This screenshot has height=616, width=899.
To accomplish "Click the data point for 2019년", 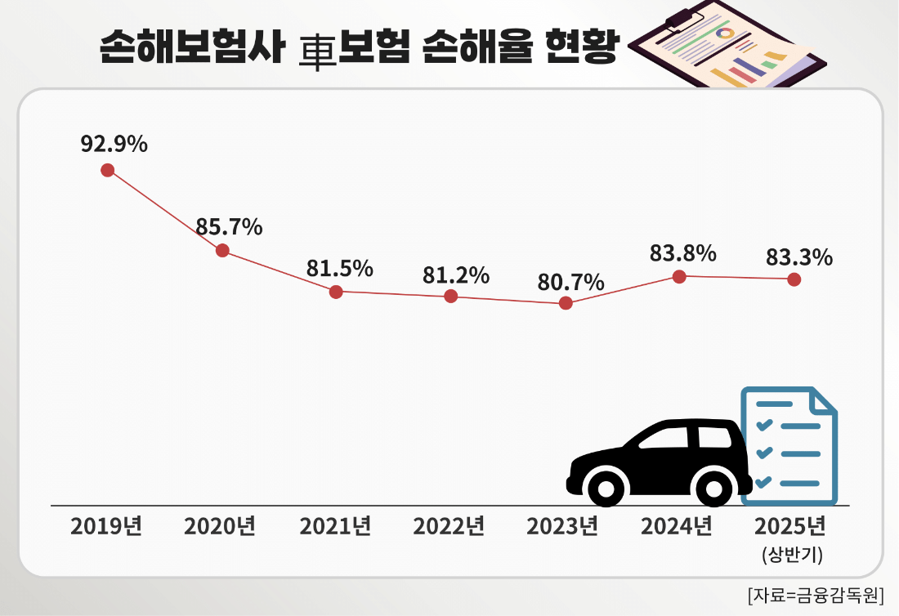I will [x=107, y=170].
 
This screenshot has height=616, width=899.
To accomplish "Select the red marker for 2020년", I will [x=222, y=250].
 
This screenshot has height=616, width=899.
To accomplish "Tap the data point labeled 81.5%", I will [x=336, y=292].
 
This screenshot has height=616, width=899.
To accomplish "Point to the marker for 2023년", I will [x=566, y=303].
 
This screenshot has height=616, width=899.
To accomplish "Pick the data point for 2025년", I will [x=794, y=279].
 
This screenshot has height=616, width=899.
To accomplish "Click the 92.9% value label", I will [x=114, y=145].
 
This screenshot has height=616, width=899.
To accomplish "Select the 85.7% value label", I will [x=229, y=226].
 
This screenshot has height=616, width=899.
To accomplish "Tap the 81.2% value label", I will [x=456, y=275].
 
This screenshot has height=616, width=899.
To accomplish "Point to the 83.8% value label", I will [x=683, y=253].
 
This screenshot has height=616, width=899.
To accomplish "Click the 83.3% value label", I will [x=799, y=257].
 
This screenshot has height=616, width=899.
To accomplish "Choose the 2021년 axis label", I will [x=336, y=526].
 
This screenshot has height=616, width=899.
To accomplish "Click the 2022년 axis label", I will [x=449, y=526].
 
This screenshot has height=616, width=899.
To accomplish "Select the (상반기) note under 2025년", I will [x=791, y=556].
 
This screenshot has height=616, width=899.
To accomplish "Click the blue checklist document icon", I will [x=789, y=445].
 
